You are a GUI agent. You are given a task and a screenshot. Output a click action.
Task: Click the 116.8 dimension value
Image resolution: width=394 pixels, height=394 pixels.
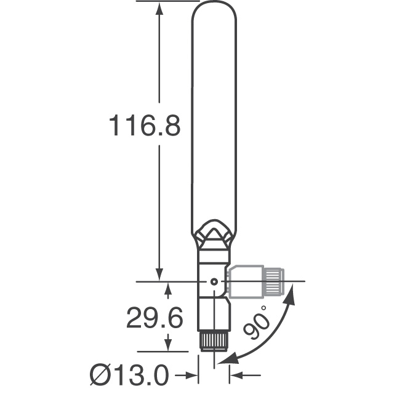coord(144,126)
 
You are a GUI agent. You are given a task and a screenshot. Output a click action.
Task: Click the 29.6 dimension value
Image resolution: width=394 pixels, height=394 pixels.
coord(155,318)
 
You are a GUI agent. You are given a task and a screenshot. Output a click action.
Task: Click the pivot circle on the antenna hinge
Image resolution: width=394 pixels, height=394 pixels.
coord(214,281)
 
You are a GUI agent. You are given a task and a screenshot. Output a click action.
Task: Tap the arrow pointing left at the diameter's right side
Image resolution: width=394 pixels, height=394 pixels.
coord(237,374)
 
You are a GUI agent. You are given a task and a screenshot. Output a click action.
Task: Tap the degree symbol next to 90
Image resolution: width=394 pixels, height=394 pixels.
coord(265,308)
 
